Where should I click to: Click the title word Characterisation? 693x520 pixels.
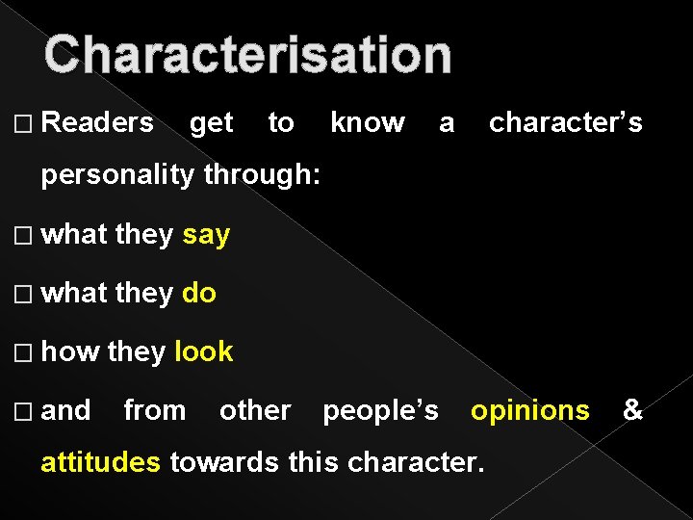tap(247, 55)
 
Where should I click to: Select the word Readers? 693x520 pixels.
tap(98, 122)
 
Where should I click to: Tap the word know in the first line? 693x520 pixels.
tap(368, 122)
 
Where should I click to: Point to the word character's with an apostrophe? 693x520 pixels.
tap(566, 122)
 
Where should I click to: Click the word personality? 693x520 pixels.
tap(118, 176)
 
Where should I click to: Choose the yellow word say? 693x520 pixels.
tap(206, 235)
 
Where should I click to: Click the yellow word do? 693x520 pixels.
tap(199, 293)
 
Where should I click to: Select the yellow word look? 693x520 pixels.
tap(204, 351)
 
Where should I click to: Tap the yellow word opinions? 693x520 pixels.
tap(529, 411)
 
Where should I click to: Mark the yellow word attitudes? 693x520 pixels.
tap(101, 462)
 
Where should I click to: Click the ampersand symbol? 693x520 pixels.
tap(632, 411)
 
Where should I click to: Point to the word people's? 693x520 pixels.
tap(381, 411)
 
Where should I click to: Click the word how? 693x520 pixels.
tap(70, 351)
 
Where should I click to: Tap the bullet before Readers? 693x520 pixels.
tap(25, 123)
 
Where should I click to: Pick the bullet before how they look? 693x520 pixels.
tap(25, 352)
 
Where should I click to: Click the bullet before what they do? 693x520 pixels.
tap(25, 294)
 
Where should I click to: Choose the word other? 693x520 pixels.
tap(255, 411)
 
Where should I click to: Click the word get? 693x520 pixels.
tap(212, 123)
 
